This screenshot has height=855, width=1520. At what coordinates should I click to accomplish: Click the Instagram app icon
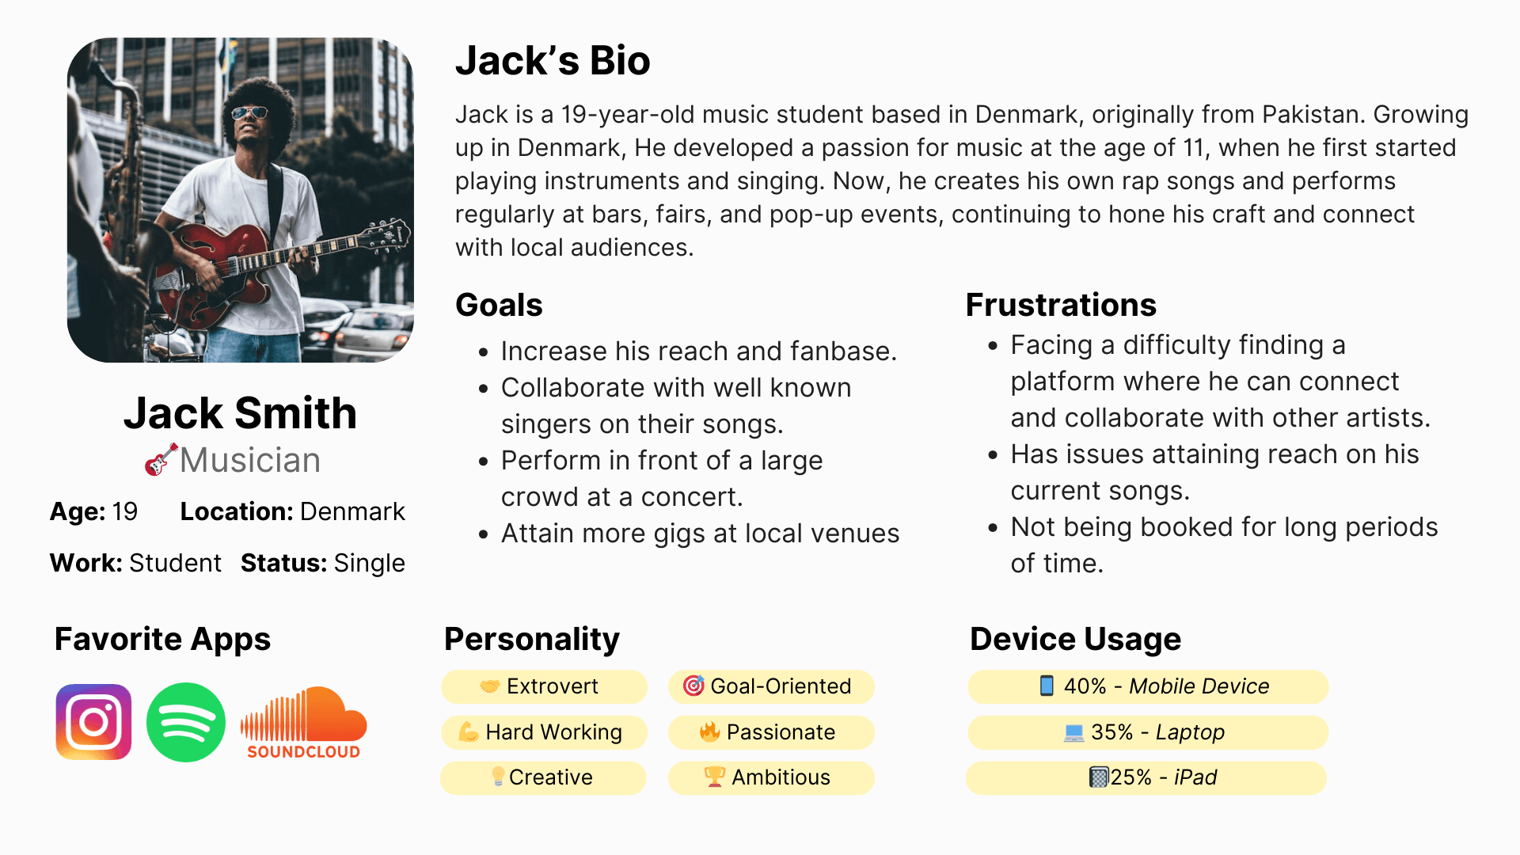pyautogui.click(x=93, y=722)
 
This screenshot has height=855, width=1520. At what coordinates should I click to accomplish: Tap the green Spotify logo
pyautogui.click(x=186, y=722)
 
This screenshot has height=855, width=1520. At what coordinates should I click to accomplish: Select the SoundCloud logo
pyautogui.click(x=304, y=723)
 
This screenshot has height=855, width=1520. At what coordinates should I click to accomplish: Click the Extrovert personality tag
pyautogui.click(x=544, y=686)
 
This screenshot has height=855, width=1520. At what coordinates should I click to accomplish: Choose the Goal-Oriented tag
pyautogui.click(x=771, y=686)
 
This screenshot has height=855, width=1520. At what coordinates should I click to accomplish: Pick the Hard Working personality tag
pyautogui.click(x=544, y=732)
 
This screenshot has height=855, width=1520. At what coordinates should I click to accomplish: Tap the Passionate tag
pyautogui.click(x=771, y=732)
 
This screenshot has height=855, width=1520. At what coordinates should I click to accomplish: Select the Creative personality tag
pyautogui.click(x=543, y=777)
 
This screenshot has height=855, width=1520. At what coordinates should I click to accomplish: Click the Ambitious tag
pyautogui.click(x=771, y=777)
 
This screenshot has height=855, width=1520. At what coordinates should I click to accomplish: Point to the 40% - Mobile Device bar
pyautogui.click(x=1148, y=686)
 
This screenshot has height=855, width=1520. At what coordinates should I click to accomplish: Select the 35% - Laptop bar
pyautogui.click(x=1148, y=732)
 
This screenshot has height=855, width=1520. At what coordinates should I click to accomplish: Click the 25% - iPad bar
pyautogui.click(x=1146, y=777)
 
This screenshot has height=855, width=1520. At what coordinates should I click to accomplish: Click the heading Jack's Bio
pyautogui.click(x=553, y=61)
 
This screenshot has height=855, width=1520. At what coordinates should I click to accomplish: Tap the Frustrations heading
pyautogui.click(x=1061, y=305)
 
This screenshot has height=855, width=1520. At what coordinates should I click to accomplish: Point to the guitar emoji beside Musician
pyautogui.click(x=161, y=460)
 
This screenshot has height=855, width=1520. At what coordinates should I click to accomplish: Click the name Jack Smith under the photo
pyautogui.click(x=240, y=412)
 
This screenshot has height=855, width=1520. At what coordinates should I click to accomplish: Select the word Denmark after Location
pyautogui.click(x=352, y=511)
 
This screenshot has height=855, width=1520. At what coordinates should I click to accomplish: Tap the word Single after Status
pyautogui.click(x=369, y=563)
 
